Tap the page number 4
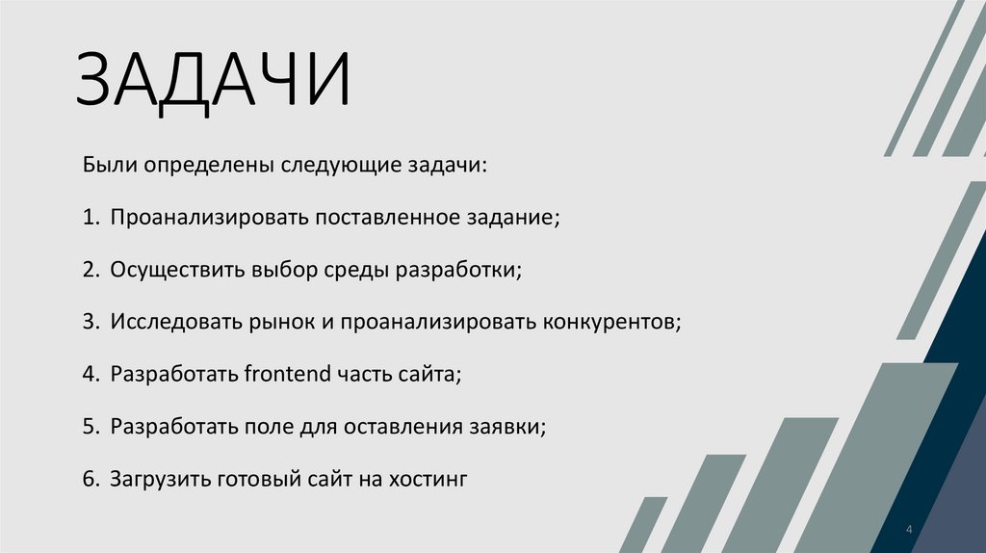909,531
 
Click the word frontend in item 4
287,373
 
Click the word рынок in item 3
279,321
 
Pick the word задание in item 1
516,217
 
